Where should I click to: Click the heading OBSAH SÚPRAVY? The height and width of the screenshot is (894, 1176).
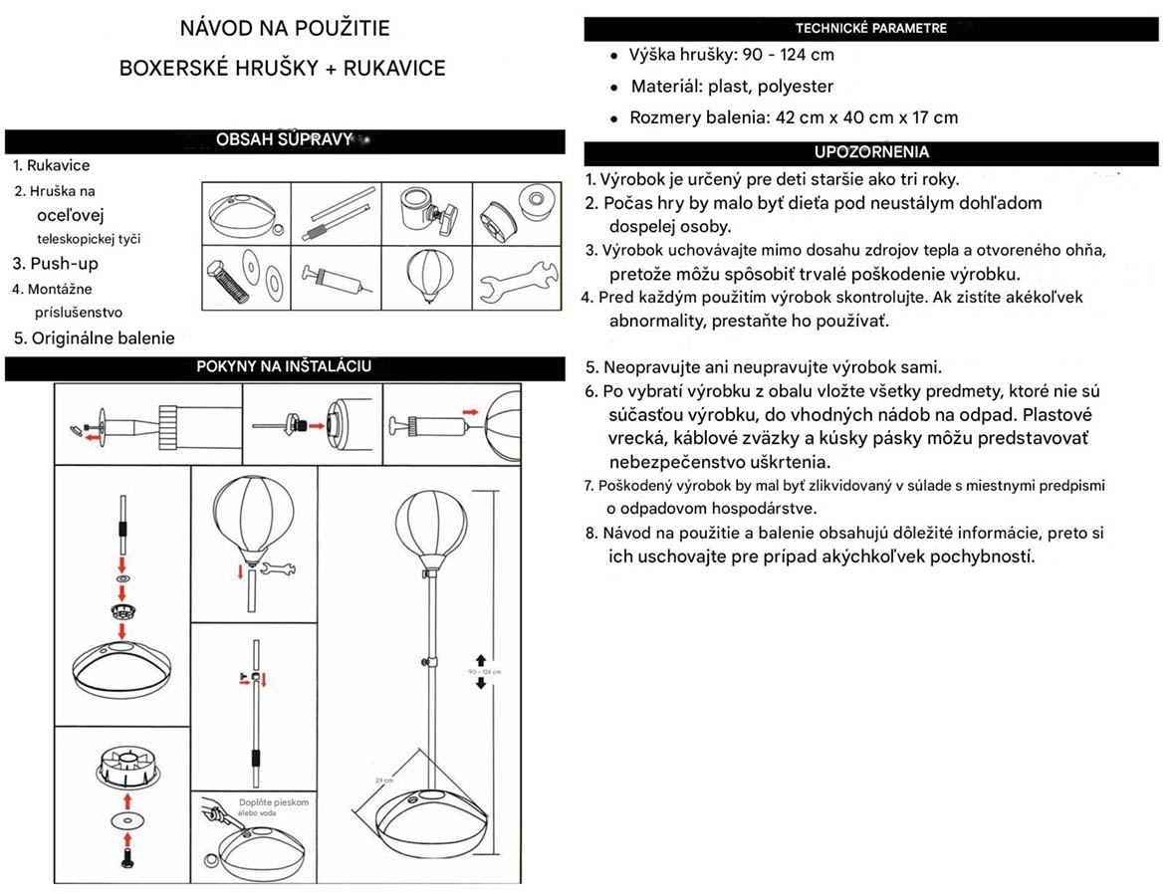[285, 140]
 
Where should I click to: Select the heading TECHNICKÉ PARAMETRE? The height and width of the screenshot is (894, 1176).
[870, 29]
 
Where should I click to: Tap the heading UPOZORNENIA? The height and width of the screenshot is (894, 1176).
[871, 153]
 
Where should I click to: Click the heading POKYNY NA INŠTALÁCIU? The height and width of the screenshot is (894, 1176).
[284, 366]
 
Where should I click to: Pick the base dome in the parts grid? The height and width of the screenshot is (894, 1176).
[245, 211]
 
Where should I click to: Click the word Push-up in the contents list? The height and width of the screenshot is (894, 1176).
[64, 264]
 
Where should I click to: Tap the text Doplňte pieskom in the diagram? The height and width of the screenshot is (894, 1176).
[274, 802]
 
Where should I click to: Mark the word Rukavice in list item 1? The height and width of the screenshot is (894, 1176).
[58, 166]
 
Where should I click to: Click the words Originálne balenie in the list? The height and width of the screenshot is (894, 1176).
[103, 338]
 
